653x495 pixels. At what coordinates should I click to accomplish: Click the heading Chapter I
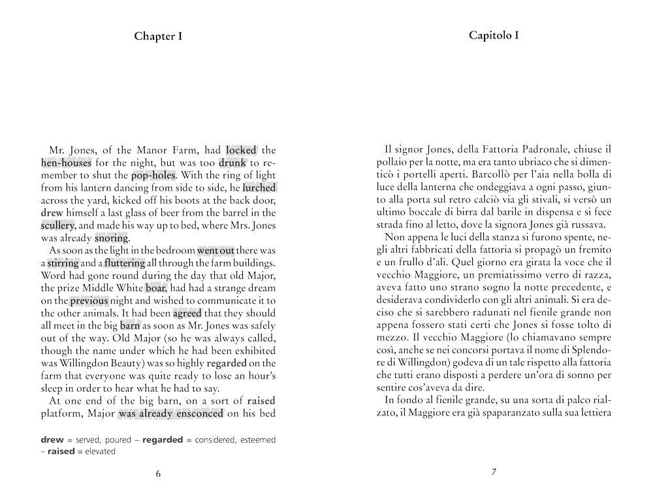tap(158, 36)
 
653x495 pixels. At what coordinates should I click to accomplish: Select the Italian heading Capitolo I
tap(494, 35)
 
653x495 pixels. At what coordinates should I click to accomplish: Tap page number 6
tap(158, 473)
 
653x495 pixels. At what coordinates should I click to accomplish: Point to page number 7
tap(494, 472)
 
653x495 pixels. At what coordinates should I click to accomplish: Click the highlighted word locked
tap(241, 150)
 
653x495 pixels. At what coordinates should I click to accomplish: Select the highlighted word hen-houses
tap(65, 163)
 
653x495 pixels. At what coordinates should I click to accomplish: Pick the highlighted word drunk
tap(232, 163)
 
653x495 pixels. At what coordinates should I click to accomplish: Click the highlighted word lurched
tap(259, 187)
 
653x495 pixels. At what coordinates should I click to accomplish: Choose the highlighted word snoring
tap(111, 238)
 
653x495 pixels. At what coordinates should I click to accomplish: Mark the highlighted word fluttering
tap(125, 263)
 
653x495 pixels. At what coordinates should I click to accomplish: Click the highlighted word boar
tap(155, 288)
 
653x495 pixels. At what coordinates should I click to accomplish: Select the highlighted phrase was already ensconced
tap(171, 413)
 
